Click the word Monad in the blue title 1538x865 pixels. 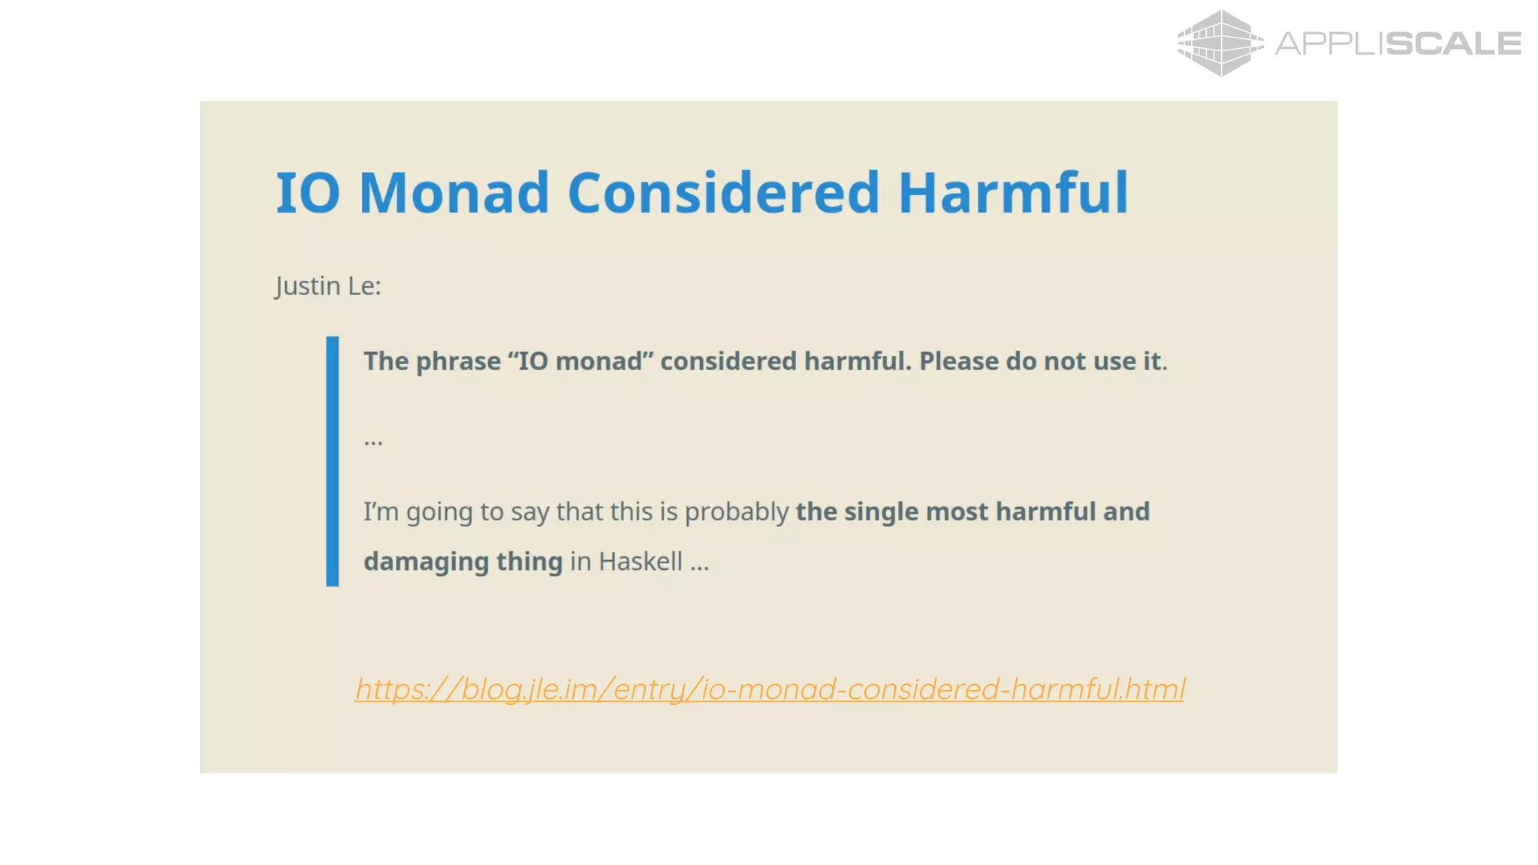[454, 193]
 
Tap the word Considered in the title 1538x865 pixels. [723, 193]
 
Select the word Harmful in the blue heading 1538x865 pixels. [1013, 193]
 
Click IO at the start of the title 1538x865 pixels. [308, 193]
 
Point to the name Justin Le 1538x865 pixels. [327, 286]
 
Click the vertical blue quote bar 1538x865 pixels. [332, 461]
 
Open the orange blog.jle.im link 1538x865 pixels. [770, 689]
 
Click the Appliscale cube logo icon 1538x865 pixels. [1220, 43]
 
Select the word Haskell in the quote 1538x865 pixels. [641, 562]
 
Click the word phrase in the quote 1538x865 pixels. [458, 362]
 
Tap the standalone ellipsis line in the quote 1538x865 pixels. [373, 442]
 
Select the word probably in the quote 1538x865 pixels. [737, 512]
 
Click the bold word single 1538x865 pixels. [881, 511]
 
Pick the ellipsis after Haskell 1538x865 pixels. [699, 565]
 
